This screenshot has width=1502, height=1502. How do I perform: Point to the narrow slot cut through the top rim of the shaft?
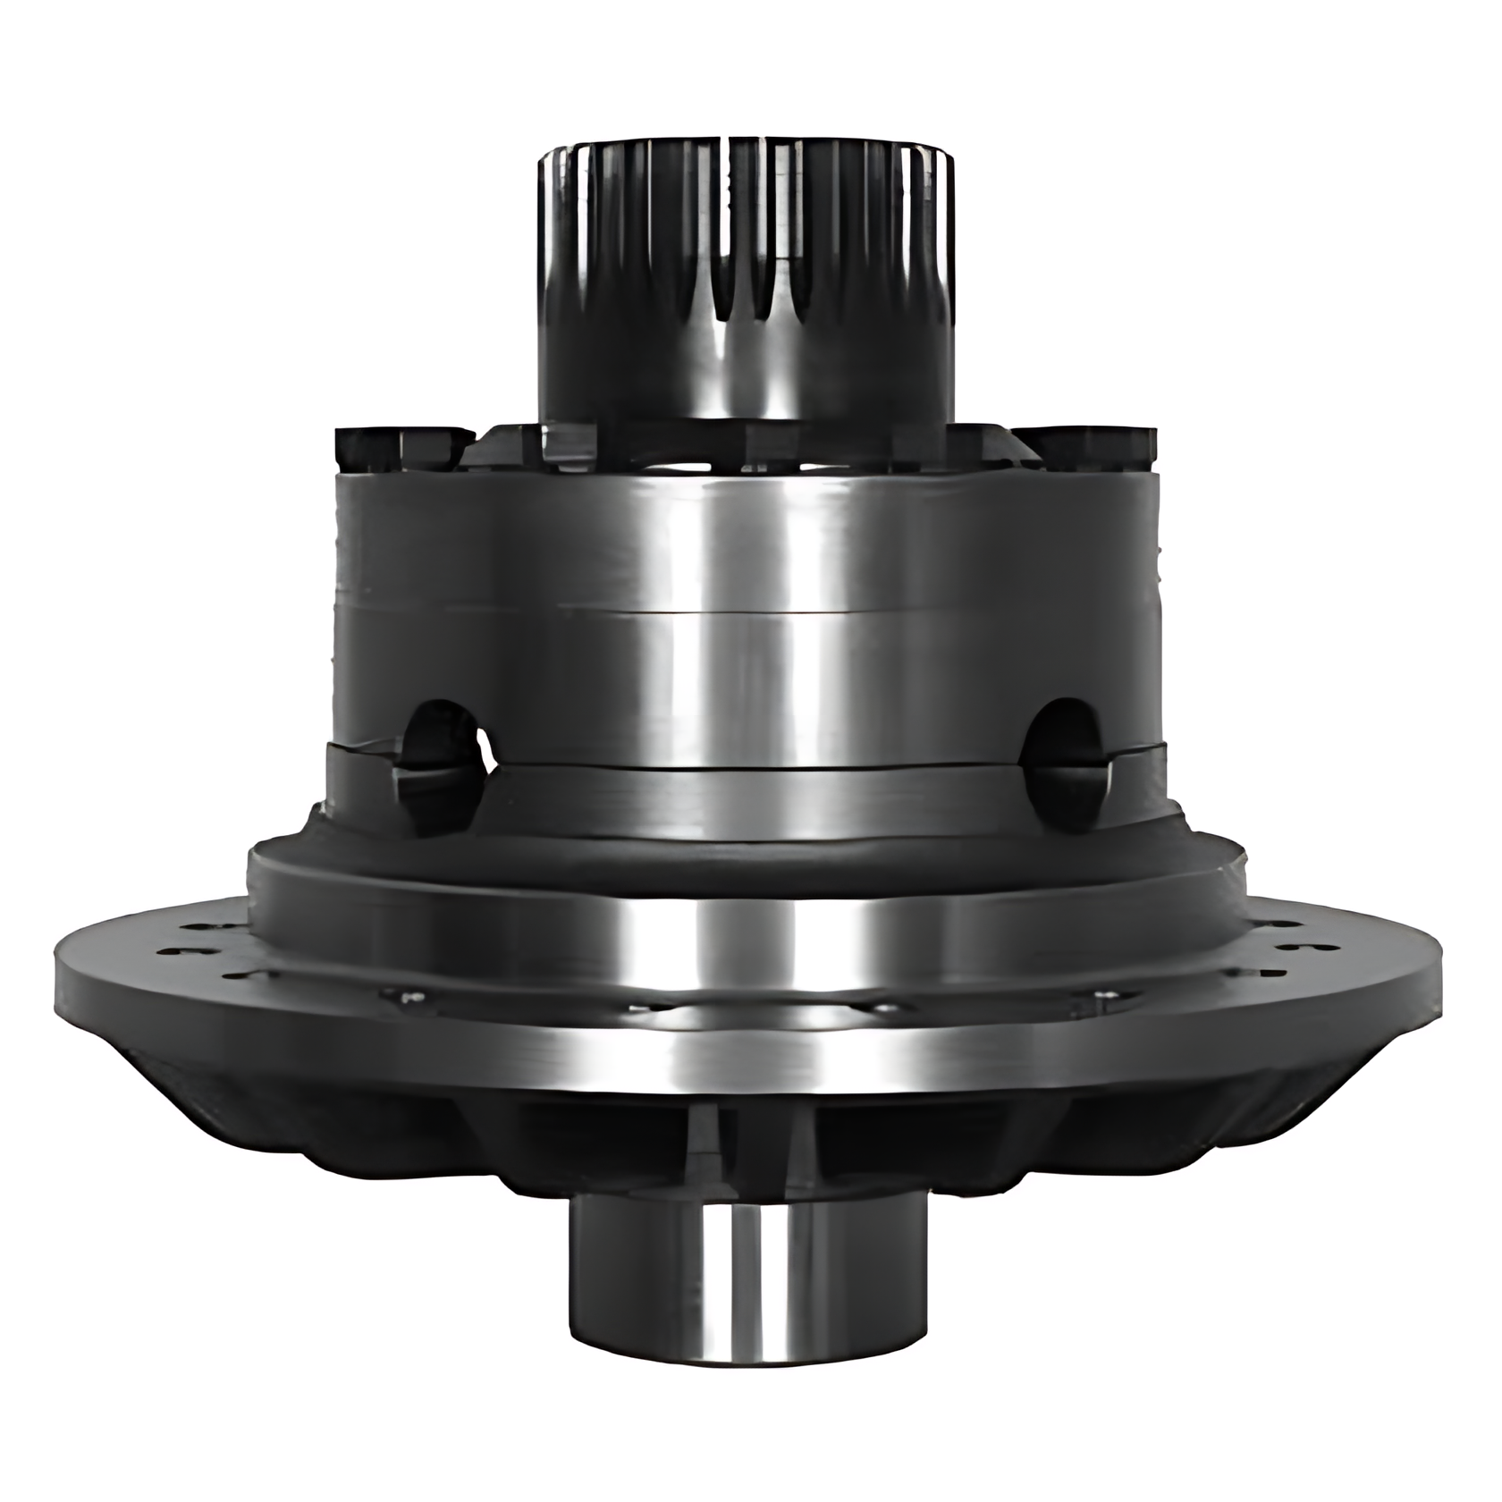(x=728, y=179)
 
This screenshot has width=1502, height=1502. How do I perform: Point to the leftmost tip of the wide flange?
(x=59, y=966)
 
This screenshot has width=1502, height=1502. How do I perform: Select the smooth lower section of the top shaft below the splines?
(x=745, y=375)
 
